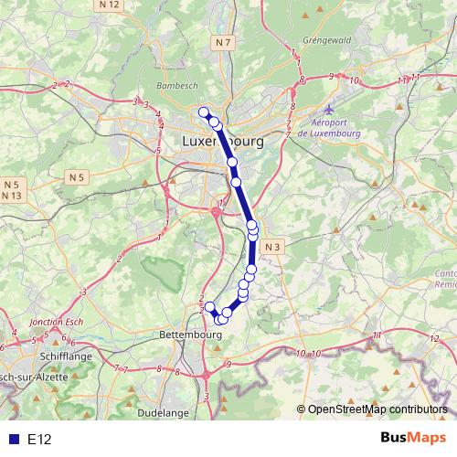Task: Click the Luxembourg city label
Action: [223, 143]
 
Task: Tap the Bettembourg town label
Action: [190, 335]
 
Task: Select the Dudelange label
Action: [163, 413]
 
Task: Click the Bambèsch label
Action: [176, 84]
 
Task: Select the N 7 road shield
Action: [224, 43]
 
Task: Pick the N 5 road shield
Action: [76, 175]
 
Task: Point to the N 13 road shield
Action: [11, 196]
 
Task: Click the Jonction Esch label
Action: [57, 323]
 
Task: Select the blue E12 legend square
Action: [11, 440]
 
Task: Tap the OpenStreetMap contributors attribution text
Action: [376, 410]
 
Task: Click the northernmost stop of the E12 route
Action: [204, 112]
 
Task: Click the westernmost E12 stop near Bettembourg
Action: [209, 306]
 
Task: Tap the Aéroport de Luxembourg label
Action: [336, 129]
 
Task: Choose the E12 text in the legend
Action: [39, 440]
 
